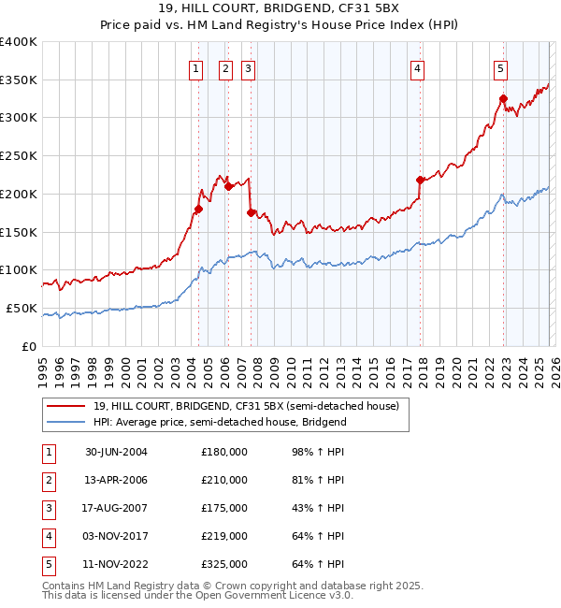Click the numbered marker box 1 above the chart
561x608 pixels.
[196, 67]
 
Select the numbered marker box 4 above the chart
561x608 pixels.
[417, 67]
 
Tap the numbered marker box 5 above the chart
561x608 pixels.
[501, 67]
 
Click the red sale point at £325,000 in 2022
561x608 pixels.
[503, 98]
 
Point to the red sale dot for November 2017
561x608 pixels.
[420, 180]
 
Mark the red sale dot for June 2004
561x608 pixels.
[198, 209]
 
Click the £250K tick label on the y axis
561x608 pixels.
[19, 156]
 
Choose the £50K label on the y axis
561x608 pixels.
[22, 308]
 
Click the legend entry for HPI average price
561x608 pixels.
[220, 422]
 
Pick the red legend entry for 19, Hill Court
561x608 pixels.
[245, 406]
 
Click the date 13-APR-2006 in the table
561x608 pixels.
[115, 480]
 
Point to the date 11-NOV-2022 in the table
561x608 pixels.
[115, 564]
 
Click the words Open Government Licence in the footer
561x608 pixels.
[274, 595]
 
